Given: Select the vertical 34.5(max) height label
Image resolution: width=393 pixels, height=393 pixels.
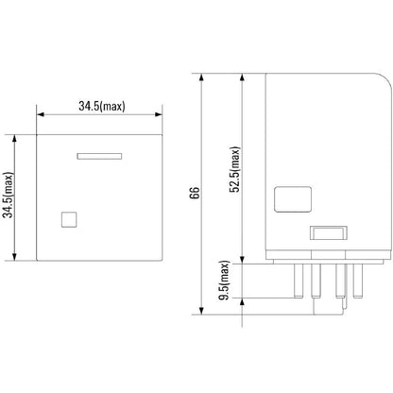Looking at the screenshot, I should coord(9,196).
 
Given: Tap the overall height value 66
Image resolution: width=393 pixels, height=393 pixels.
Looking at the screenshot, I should coord(194,193).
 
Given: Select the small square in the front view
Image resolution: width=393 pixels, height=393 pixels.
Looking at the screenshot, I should coord(68,219).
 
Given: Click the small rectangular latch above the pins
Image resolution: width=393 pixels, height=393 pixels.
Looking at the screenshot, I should coord(327,235).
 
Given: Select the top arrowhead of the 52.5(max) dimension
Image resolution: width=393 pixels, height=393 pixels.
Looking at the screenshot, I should coord(244,76).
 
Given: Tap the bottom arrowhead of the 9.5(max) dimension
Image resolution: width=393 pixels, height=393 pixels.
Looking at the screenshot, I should coord(244,296).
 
